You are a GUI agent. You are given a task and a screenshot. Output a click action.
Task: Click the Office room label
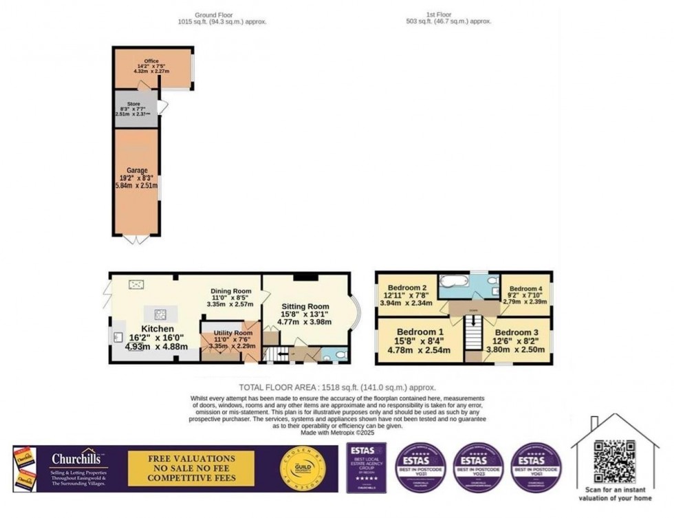pos(151,61)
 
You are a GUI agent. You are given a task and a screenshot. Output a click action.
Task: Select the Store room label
pos(134,104)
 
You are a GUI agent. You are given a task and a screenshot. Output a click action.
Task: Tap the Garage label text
pos(137,170)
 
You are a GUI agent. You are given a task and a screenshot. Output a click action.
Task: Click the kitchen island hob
pos(160,314)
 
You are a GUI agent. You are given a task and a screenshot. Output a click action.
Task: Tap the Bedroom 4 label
pos(525,288)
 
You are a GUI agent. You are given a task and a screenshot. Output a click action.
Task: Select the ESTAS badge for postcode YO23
pos(479,468)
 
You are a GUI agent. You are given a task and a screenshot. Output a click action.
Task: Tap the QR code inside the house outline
pos(614,461)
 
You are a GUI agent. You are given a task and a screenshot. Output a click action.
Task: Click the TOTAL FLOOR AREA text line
pos(337,387)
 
